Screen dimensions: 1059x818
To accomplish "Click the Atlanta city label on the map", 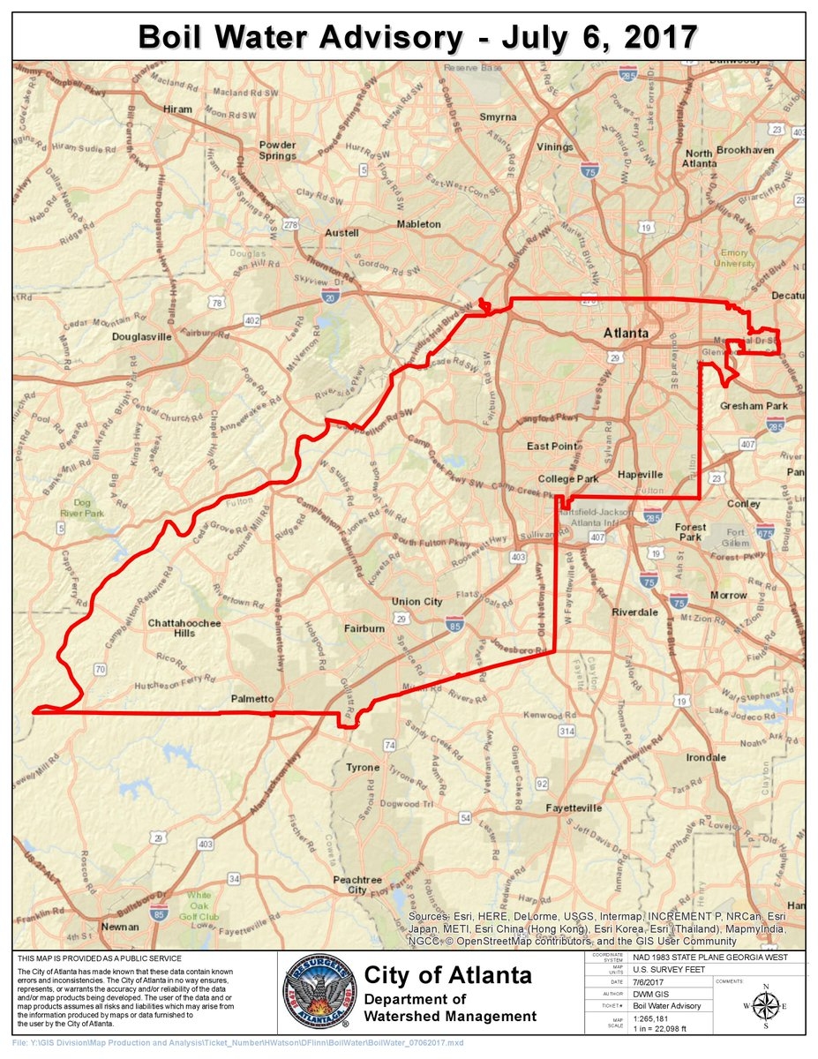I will coord(626,334).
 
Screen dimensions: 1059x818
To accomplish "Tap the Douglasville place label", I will coord(141,337).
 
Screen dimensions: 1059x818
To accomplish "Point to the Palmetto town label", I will coord(252,699).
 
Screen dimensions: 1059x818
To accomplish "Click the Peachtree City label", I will coord(356,884).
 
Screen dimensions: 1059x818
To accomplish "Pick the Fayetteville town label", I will coord(574,807).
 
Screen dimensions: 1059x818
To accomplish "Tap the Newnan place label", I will coord(120,927).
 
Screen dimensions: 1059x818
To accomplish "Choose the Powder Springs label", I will coord(277,150).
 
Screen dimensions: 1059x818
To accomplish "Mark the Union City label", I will coord(417,602).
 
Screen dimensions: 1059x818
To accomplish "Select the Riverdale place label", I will coord(635,612).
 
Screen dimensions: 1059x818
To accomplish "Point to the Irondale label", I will coord(706,758).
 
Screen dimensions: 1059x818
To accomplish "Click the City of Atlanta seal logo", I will coord(319,993).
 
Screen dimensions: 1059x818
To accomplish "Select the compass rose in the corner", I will coord(764,1004).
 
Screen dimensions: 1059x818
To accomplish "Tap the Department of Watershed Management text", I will coord(450,1008).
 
